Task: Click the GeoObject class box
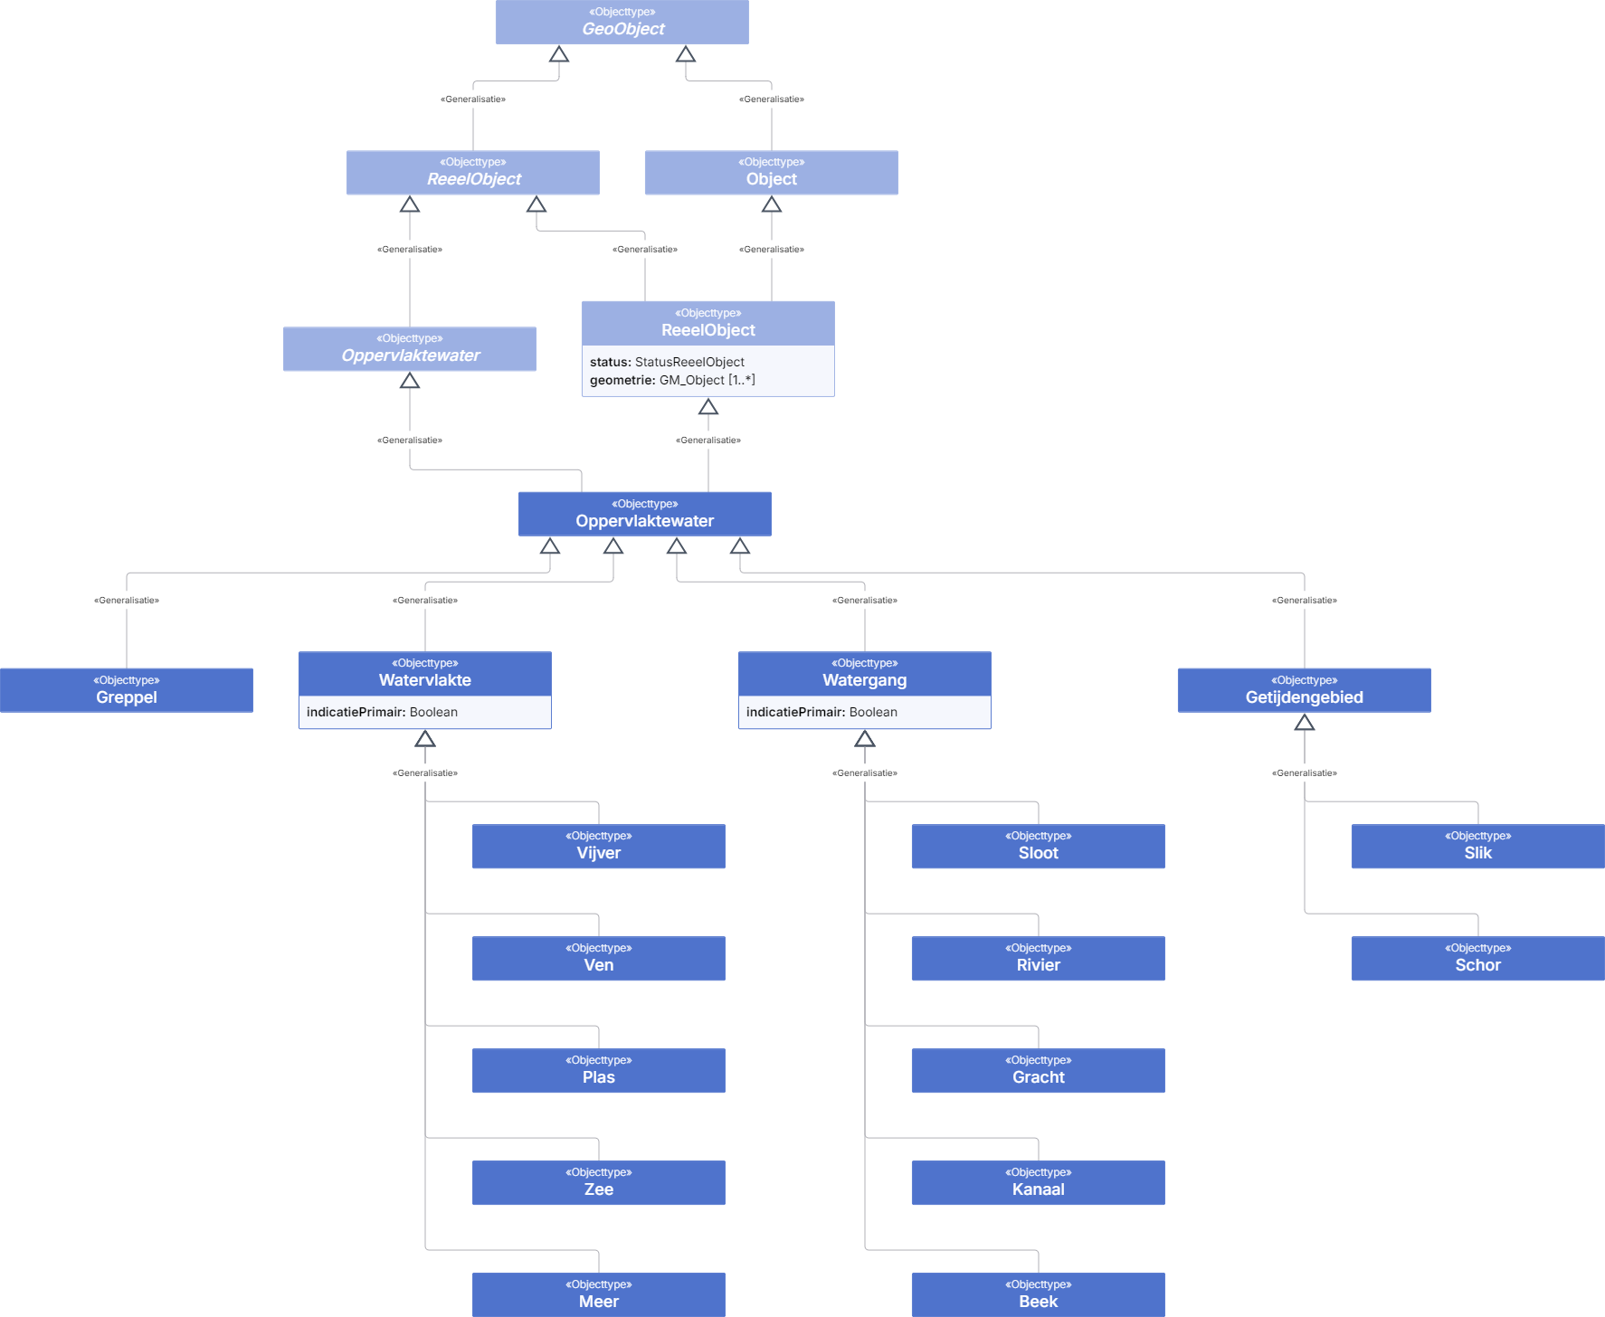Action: coord(622,22)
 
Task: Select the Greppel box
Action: coord(127,690)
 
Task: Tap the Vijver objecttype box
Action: coord(599,846)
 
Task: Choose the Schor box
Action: coord(1478,958)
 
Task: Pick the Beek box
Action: coord(1039,1294)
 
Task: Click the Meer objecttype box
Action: coord(599,1294)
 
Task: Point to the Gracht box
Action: coord(1039,1070)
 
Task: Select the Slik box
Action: coord(1478,846)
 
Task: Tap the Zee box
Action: coord(599,1182)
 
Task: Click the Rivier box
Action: coord(1039,958)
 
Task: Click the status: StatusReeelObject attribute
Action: coord(667,362)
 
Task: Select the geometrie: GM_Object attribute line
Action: coord(672,380)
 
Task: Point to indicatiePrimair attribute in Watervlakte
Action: coord(382,712)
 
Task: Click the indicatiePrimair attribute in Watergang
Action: coord(821,712)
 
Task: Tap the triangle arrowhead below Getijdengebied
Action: coord(1305,722)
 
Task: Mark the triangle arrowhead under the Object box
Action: coord(772,204)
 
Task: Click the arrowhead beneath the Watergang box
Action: coord(865,738)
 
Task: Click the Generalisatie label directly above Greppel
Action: coord(127,601)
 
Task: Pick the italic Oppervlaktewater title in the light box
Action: coord(411,355)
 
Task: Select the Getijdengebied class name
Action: coord(1305,697)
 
